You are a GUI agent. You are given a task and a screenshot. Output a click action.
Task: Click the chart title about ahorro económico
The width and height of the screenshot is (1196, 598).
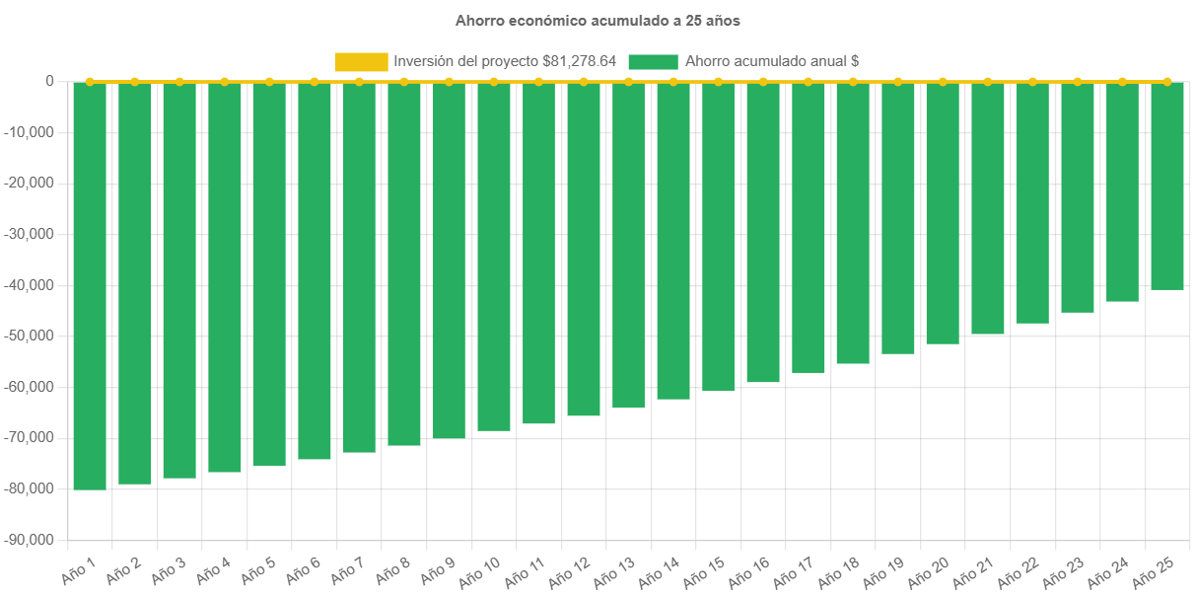tap(598, 20)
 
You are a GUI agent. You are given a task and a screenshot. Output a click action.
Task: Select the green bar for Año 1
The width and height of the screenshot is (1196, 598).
tap(90, 286)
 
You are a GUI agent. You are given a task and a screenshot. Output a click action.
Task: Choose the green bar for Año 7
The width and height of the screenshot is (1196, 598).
tap(359, 267)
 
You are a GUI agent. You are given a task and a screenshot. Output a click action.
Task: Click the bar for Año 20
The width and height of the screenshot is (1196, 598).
tap(943, 213)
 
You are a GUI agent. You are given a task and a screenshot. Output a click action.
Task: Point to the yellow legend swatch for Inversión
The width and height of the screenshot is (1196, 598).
tap(361, 61)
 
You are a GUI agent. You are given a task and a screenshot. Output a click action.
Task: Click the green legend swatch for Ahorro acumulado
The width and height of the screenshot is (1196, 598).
tap(653, 61)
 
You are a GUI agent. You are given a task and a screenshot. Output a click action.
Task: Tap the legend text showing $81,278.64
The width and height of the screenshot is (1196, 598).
tap(505, 61)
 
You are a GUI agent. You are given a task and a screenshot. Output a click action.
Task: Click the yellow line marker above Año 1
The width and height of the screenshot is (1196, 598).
tap(90, 82)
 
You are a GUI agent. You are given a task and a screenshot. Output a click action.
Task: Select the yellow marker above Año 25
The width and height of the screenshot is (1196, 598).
tap(1167, 82)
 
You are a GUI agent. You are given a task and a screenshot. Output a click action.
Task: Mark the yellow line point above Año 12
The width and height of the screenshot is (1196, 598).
tap(584, 82)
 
